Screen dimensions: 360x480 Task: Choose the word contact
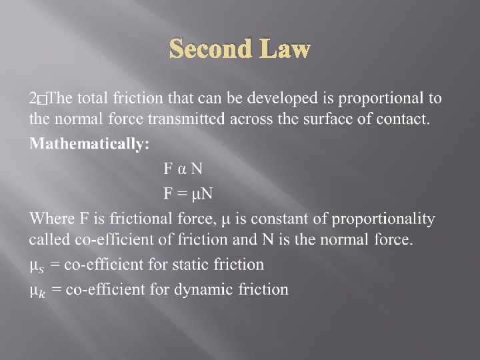point(404,120)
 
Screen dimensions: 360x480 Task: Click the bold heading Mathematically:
point(89,144)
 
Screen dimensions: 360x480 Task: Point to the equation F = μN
point(188,193)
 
